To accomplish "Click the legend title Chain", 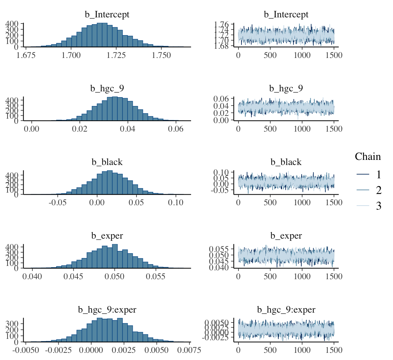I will point(368,156).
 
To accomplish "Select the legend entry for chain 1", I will point(378,175).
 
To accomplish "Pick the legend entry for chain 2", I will point(378,190).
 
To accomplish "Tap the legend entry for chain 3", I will point(378,206).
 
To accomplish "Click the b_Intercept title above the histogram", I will point(107,15).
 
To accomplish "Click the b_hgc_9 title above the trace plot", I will point(286,89).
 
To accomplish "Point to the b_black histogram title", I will point(107,162).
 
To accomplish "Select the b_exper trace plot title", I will point(286,236).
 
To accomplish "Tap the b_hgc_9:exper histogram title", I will point(107,310).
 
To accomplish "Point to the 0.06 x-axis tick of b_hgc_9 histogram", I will point(176,129).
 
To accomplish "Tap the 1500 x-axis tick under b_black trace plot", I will point(333,202).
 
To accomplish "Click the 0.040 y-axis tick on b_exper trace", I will point(222,268).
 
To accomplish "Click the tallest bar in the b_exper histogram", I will point(115,256).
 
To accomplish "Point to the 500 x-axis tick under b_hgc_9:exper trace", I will point(270,350).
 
